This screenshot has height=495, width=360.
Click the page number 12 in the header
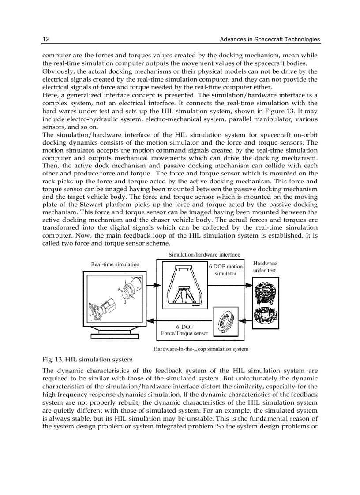(46, 39)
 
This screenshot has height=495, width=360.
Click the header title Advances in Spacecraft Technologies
(270, 39)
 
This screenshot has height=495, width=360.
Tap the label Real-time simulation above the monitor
(115, 264)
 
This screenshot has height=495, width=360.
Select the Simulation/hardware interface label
(204, 255)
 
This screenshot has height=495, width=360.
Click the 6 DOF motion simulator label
(225, 270)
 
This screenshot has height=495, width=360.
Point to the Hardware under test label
(265, 267)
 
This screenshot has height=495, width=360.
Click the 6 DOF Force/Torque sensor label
(184, 330)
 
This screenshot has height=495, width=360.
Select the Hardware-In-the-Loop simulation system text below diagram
(201, 349)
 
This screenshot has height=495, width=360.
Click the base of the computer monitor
(115, 336)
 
